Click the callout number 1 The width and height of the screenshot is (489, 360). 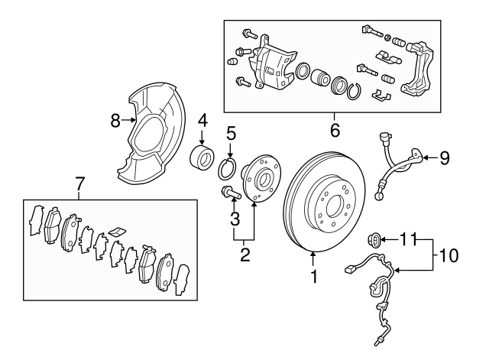click(x=313, y=279)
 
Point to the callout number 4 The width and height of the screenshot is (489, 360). click(x=203, y=121)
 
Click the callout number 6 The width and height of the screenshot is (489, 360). click(x=335, y=130)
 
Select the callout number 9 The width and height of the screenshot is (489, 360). click(x=444, y=159)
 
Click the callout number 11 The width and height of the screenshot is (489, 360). click(x=411, y=239)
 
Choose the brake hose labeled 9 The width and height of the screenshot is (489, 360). click(x=397, y=164)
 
